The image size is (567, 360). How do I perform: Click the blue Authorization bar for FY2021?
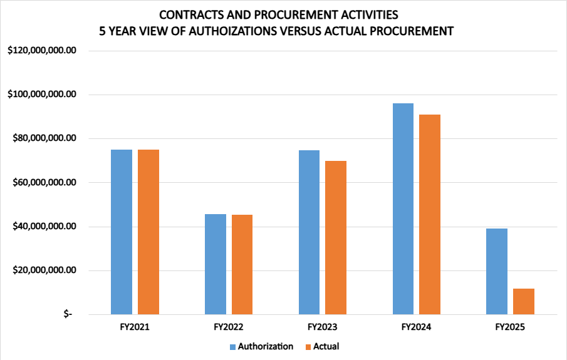122,232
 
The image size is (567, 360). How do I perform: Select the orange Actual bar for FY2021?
148,232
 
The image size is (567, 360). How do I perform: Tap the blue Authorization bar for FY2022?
216,264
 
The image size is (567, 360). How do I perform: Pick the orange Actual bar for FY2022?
242,264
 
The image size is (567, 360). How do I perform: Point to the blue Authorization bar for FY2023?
310,232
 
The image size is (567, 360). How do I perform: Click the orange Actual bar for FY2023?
336,237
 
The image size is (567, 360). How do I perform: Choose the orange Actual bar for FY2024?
430,214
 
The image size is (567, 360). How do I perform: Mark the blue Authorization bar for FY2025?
497,271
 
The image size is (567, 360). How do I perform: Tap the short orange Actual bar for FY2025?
524,301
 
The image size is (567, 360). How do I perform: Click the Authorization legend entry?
261,346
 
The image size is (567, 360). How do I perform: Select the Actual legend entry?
321,346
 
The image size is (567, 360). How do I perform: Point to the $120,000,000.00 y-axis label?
42,51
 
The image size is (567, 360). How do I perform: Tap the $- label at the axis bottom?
68,314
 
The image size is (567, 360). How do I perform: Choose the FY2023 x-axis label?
323,327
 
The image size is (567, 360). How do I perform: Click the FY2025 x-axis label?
510,327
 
